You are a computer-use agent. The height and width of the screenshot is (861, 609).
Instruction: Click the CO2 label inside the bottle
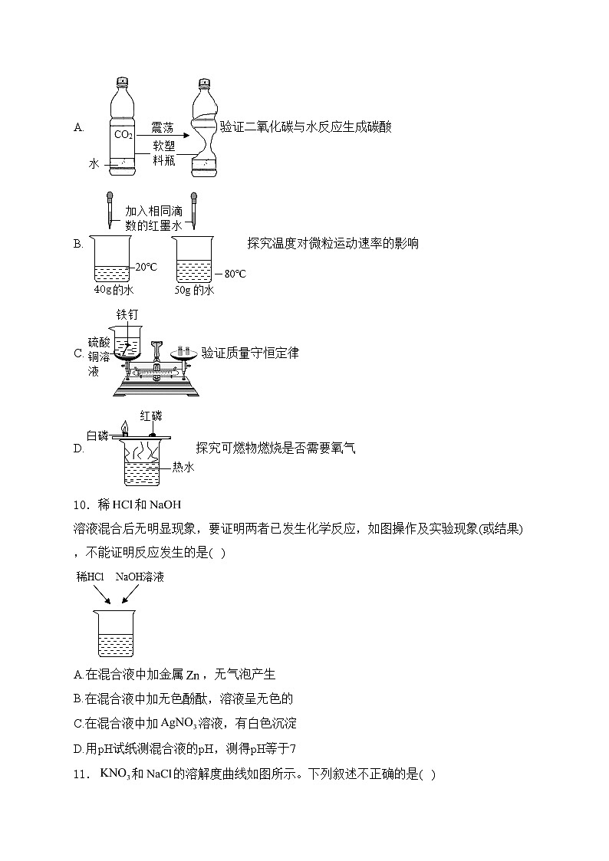coord(123,135)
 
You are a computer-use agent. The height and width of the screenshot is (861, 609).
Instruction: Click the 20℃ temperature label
coord(145,268)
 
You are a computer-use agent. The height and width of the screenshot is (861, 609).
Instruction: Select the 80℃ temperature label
coord(234,274)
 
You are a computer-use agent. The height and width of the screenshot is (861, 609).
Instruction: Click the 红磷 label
coord(151,416)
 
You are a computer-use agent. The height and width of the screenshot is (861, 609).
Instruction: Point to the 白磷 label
coord(97,435)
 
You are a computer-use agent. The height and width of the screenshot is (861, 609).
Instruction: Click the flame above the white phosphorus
coord(124,427)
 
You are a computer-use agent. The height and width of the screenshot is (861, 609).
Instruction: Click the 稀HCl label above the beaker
coord(90,577)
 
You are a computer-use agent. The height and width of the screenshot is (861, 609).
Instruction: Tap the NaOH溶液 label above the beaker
coord(140,577)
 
